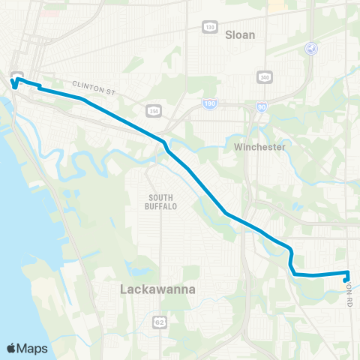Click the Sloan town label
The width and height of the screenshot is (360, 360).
pyautogui.click(x=240, y=34)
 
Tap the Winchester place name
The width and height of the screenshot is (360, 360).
pyautogui.click(x=260, y=147)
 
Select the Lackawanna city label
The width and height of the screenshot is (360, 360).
pyautogui.click(x=158, y=288)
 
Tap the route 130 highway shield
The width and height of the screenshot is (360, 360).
pyautogui.click(x=210, y=26)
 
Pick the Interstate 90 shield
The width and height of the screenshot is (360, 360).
pyautogui.click(x=260, y=107)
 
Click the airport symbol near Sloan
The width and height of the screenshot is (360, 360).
pyautogui.click(x=311, y=48)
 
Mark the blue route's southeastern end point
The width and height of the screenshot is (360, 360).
pyautogui.click(x=346, y=280)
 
